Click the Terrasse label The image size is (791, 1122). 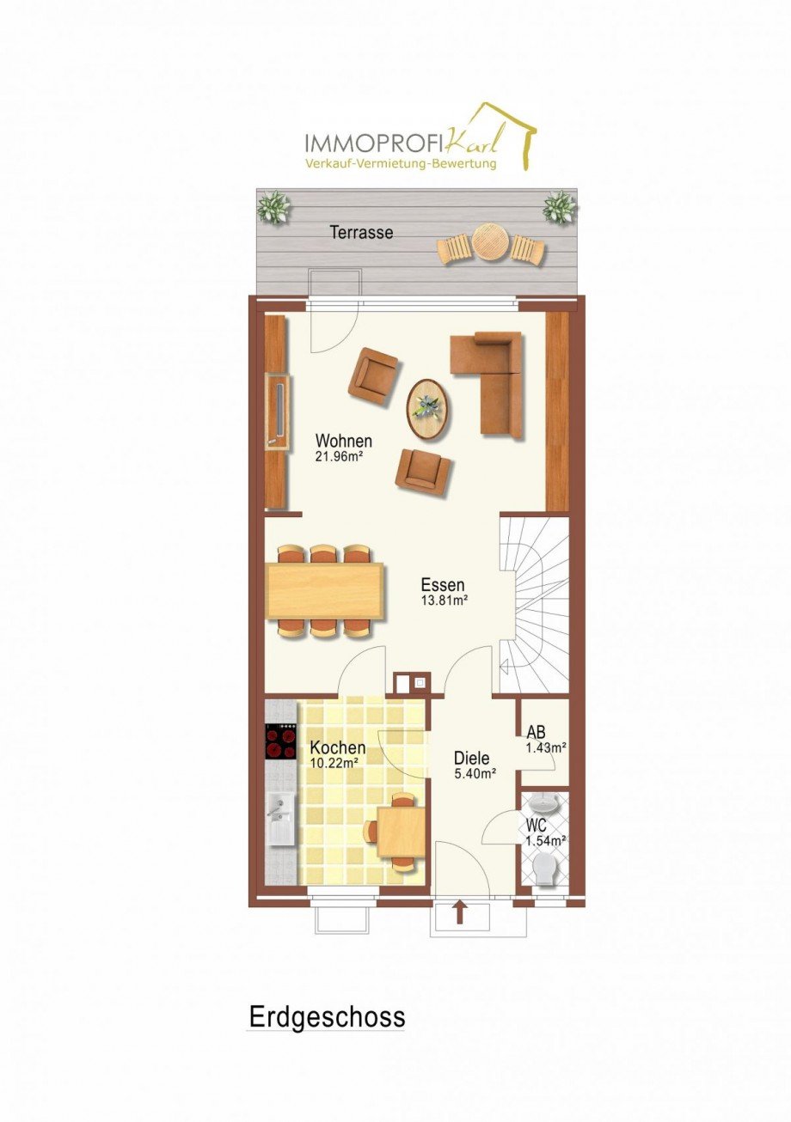tap(361, 233)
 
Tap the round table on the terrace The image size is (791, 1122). tap(491, 241)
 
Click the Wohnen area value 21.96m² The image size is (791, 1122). tap(339, 456)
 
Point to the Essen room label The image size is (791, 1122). tap(443, 584)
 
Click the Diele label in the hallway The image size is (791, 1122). tap(472, 758)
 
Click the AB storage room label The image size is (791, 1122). tap(536, 732)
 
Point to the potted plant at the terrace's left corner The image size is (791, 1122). tap(274, 206)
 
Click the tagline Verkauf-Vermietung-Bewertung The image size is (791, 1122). tap(402, 163)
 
